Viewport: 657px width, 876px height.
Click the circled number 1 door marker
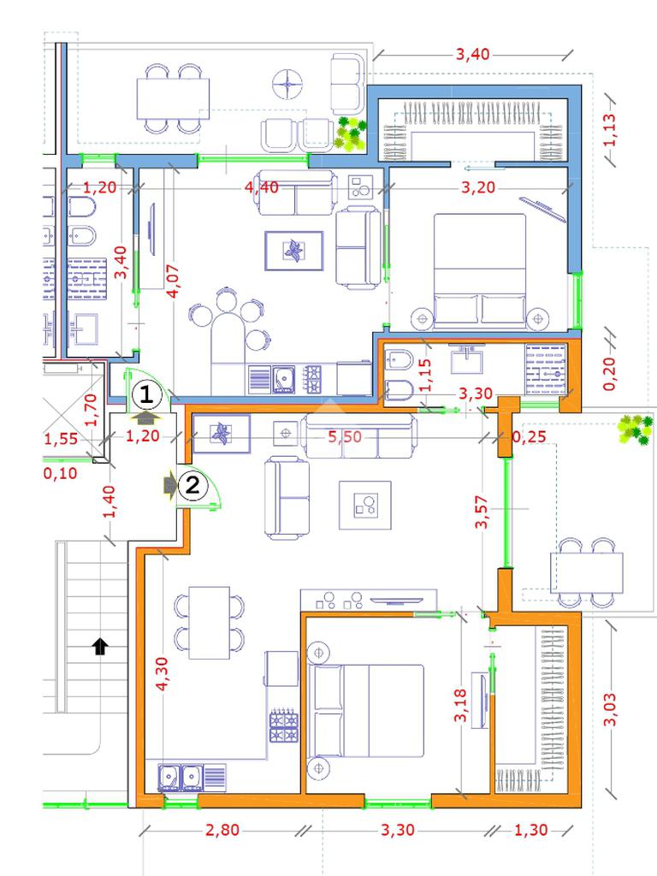(x=146, y=395)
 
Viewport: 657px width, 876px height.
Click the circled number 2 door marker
(x=192, y=485)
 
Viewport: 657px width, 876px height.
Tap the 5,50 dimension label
(x=344, y=437)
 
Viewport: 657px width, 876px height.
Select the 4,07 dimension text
(x=174, y=281)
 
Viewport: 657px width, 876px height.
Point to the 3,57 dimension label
(x=482, y=512)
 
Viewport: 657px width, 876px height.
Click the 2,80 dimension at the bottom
(x=222, y=830)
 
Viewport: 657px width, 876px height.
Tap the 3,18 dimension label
(x=460, y=705)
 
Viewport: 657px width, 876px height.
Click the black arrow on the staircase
(x=99, y=647)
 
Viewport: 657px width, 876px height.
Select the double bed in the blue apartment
(x=480, y=270)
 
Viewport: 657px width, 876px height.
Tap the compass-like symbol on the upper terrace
(x=287, y=85)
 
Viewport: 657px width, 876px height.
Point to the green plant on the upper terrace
(x=350, y=134)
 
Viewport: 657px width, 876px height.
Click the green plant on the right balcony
(x=636, y=429)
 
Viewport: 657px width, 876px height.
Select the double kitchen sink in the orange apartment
(x=181, y=777)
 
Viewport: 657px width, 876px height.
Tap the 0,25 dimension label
(x=528, y=437)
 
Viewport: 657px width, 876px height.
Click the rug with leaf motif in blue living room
(x=294, y=251)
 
